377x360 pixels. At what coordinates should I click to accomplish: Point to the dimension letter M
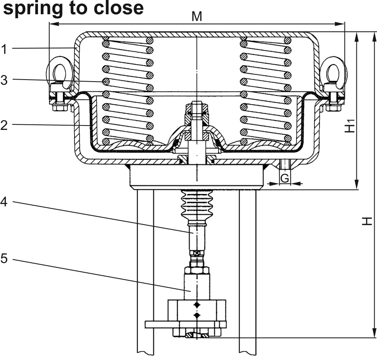tap(197, 17)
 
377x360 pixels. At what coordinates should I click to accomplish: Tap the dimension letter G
tap(285, 179)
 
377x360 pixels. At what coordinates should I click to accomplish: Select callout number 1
tap(4, 50)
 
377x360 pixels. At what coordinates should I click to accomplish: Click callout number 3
tap(4, 80)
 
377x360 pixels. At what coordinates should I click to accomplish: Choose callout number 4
tap(4, 202)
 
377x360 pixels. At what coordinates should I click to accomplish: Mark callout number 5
tap(4, 259)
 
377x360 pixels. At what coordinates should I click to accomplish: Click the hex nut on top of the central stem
tap(197, 108)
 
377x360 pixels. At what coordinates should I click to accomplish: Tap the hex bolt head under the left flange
tap(59, 107)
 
